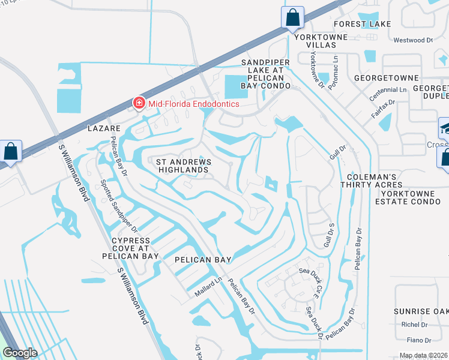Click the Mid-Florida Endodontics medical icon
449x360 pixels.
click(x=139, y=104)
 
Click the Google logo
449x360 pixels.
click(x=20, y=352)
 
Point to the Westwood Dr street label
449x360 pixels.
click(x=412, y=40)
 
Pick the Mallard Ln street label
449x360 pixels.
click(x=208, y=287)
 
